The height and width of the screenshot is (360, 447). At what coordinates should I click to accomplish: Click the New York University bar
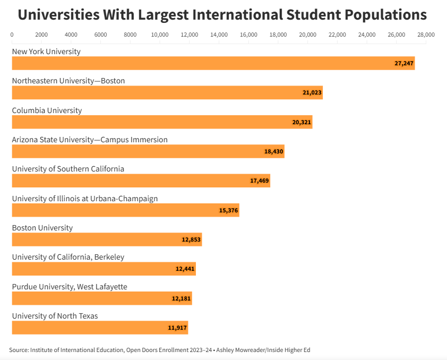[x=212, y=63]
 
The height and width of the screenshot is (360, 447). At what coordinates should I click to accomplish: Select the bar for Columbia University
[x=162, y=122]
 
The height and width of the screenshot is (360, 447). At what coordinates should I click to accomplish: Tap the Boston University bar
[x=106, y=239]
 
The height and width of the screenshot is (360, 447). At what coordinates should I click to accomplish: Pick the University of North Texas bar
[x=100, y=328]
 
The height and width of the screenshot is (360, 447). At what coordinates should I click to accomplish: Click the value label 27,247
[x=404, y=63]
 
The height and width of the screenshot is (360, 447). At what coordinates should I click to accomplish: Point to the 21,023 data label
[x=312, y=92]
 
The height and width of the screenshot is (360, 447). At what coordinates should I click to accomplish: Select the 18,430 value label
[x=274, y=151]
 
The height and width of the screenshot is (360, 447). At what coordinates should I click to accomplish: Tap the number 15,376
[x=229, y=210]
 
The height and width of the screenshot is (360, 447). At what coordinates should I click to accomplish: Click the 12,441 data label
[x=185, y=269]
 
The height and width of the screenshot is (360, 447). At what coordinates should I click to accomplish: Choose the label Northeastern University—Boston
[x=68, y=81]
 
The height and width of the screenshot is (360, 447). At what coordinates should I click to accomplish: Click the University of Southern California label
[x=68, y=169]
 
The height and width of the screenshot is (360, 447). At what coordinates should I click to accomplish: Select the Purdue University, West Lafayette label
[x=70, y=287]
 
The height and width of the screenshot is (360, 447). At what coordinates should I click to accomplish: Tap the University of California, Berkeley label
[x=68, y=257]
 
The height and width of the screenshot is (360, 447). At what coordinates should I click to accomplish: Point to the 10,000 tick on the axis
[x=160, y=35]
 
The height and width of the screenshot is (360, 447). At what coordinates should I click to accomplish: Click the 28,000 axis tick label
[x=426, y=35]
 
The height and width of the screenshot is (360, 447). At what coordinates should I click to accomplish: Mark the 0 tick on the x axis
[x=12, y=35]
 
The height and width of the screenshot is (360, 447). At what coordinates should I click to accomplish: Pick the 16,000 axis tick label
[x=249, y=35]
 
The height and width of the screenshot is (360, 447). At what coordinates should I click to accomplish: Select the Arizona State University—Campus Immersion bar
[x=148, y=151]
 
